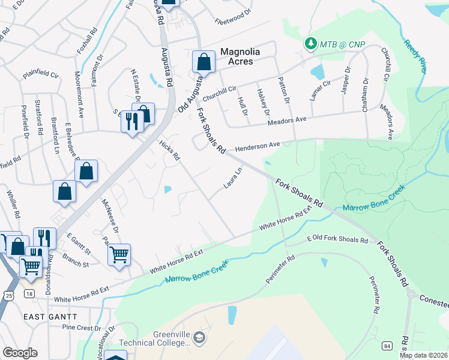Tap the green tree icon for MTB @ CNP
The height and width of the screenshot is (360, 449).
[x=310, y=44]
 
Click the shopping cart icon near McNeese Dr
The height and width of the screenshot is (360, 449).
[x=119, y=254]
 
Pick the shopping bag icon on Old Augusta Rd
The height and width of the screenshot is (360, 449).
[x=203, y=62]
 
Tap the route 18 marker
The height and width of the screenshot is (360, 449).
[x=29, y=293]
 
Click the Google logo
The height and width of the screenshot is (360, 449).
[x=20, y=353]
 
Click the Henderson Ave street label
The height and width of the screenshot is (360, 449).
[x=258, y=146]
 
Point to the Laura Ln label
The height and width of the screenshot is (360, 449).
[x=233, y=178]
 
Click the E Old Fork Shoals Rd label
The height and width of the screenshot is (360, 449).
[x=337, y=239]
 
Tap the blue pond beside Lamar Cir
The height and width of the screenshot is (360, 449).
[x=316, y=73]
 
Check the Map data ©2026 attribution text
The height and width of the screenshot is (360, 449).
[x=423, y=355]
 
